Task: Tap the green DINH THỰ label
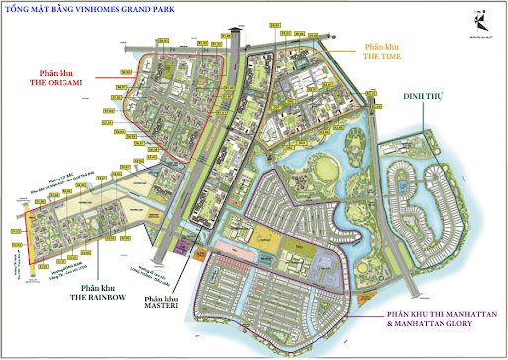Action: pyautogui.click(x=424, y=97)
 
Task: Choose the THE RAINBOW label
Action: pyautogui.click(x=96, y=297)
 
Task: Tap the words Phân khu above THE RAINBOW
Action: pyautogui.click(x=96, y=286)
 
